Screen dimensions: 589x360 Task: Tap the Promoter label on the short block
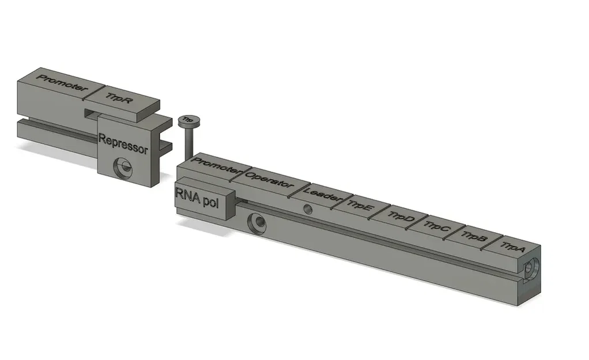click(x=62, y=84)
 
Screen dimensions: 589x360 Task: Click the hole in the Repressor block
click(x=123, y=168)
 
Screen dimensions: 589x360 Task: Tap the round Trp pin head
click(x=188, y=120)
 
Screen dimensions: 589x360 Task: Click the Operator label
click(x=269, y=180)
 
